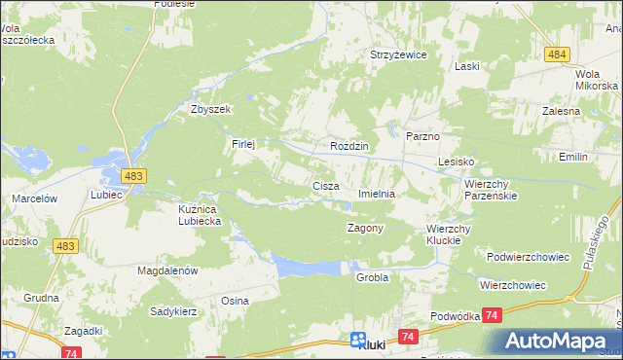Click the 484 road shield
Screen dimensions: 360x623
point(557,54)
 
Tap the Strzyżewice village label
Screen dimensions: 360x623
point(398,55)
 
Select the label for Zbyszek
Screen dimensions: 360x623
point(210,109)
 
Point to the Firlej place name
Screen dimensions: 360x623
point(242,144)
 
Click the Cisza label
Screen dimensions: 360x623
point(325,185)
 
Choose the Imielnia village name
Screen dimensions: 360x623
point(377,194)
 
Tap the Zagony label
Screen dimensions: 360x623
point(366,228)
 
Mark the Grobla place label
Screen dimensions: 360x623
point(372,277)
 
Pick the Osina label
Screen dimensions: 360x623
point(235,301)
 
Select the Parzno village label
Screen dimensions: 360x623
point(423,137)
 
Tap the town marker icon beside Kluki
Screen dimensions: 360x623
point(357,341)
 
